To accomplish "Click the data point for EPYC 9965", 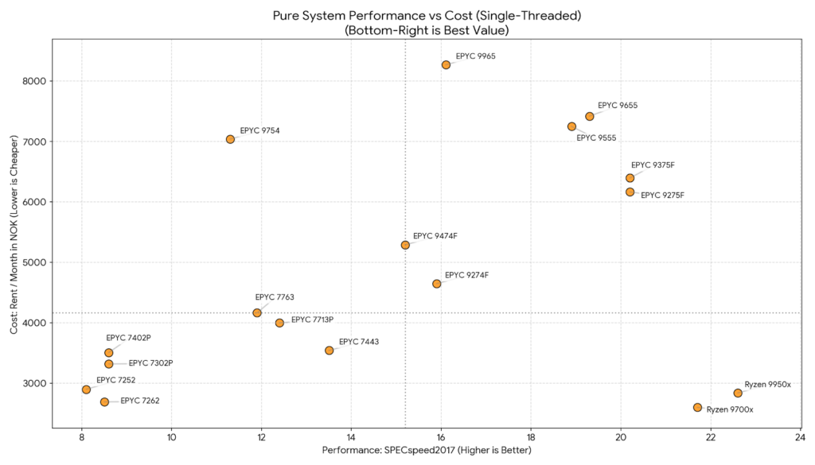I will [x=446, y=65].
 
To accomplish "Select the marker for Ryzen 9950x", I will [x=738, y=393].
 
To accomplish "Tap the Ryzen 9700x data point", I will [x=697, y=408].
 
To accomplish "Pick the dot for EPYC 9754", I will [x=230, y=139].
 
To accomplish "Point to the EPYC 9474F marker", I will [x=405, y=245].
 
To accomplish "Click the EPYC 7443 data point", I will [x=329, y=351].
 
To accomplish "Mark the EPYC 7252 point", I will [x=86, y=389].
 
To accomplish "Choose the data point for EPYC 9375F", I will [x=630, y=178].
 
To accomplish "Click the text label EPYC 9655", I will [x=618, y=105].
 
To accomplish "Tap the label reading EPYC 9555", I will [x=596, y=138].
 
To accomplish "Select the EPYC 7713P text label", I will [x=312, y=320].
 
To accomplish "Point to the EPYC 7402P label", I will [x=128, y=337].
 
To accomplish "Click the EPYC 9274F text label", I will [x=466, y=275].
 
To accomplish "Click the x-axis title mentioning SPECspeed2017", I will [x=426, y=451].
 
